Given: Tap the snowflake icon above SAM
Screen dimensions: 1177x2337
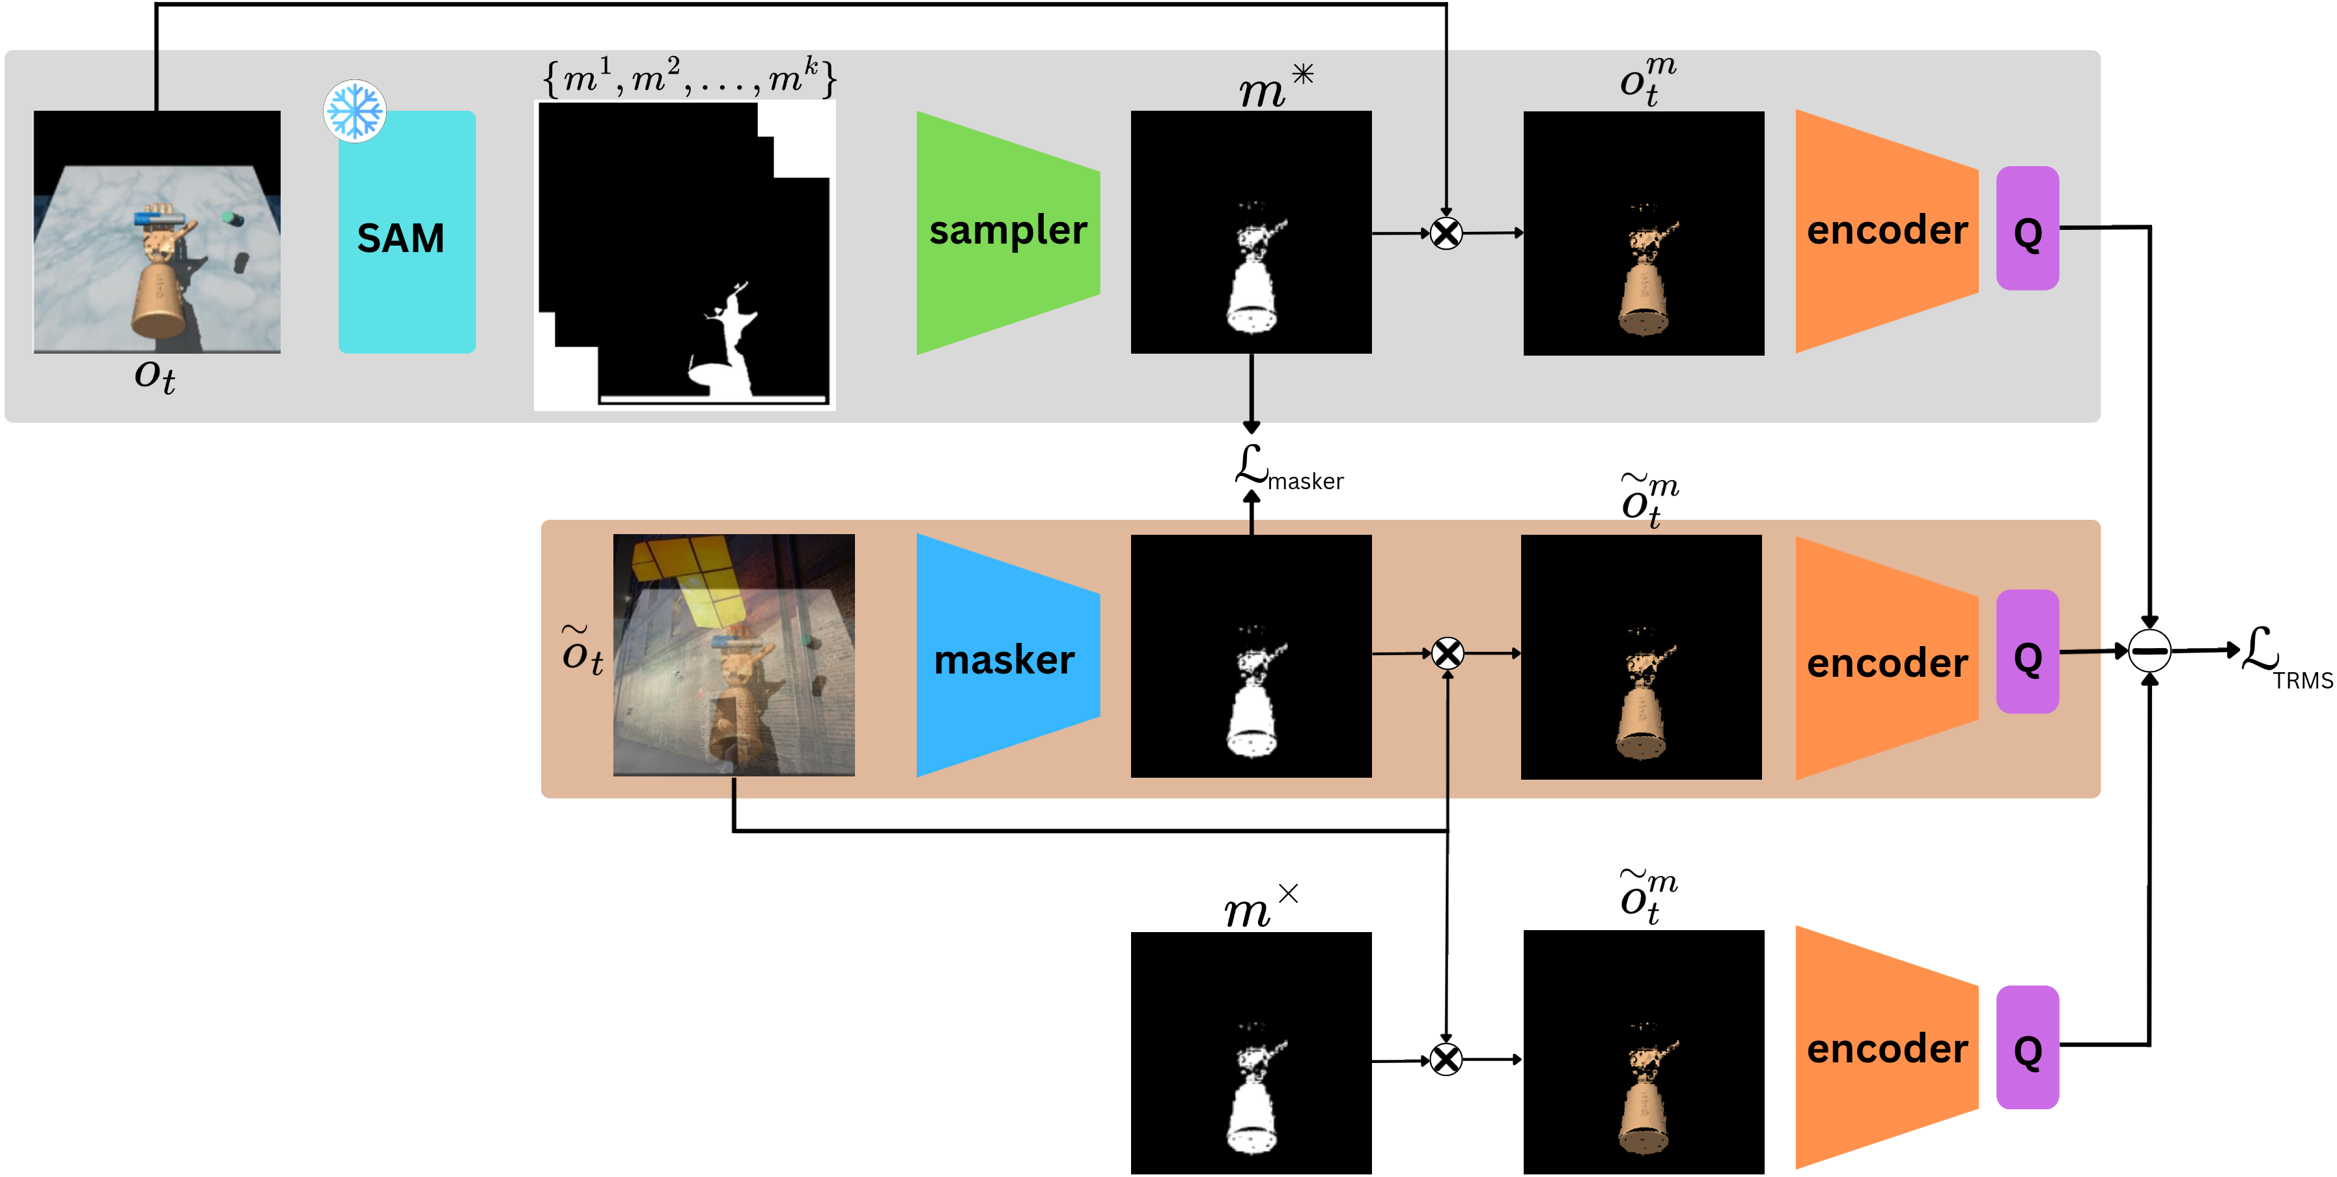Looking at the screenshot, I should click(x=355, y=111).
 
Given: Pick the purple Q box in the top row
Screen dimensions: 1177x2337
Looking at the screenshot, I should click(x=2027, y=229).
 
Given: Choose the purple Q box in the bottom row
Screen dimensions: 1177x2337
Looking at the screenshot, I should click(x=2027, y=1047).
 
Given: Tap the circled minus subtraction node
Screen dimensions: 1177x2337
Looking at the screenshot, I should click(x=2149, y=651).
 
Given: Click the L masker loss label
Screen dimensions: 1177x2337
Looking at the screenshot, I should click(x=1288, y=469).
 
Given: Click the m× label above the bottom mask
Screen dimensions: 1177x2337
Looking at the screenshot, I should click(x=1259, y=907).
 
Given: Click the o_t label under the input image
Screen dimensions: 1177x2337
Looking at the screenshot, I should click(x=155, y=375).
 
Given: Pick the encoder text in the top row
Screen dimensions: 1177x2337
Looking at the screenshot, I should click(x=1887, y=231).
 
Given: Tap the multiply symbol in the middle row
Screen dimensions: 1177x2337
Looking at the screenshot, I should click(x=1447, y=653).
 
